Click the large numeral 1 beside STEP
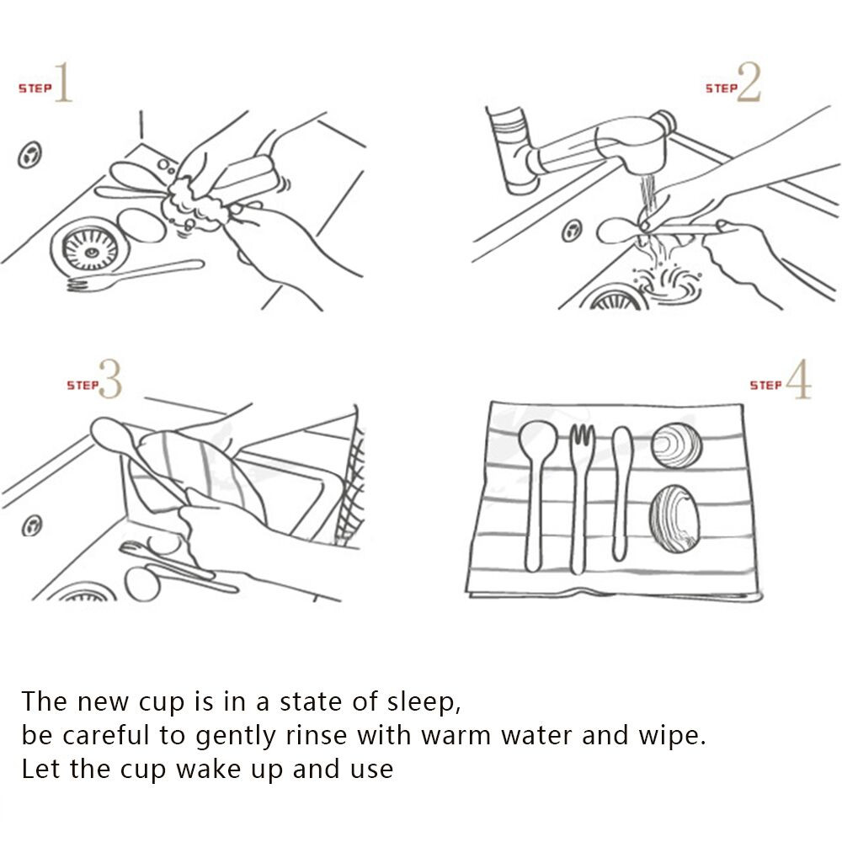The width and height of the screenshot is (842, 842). pyautogui.click(x=64, y=82)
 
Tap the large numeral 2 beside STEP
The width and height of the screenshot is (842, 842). pyautogui.click(x=749, y=82)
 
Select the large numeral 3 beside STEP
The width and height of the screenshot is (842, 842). pyautogui.click(x=111, y=379)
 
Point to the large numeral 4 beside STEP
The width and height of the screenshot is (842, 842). pyautogui.click(x=798, y=379)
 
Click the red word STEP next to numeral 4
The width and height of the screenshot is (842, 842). pyautogui.click(x=765, y=385)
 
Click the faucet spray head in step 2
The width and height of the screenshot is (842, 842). pyautogui.click(x=631, y=145)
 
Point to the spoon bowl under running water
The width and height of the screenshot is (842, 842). pyautogui.click(x=617, y=230)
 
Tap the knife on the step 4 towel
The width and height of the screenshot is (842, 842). pyautogui.click(x=621, y=493)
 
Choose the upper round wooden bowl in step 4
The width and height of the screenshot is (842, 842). pyautogui.click(x=677, y=445)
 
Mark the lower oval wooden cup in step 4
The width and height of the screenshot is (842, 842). pyautogui.click(x=674, y=519)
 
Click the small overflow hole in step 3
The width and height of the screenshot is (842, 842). pyautogui.click(x=32, y=525)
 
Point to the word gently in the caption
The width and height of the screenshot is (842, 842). pyautogui.click(x=235, y=737)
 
